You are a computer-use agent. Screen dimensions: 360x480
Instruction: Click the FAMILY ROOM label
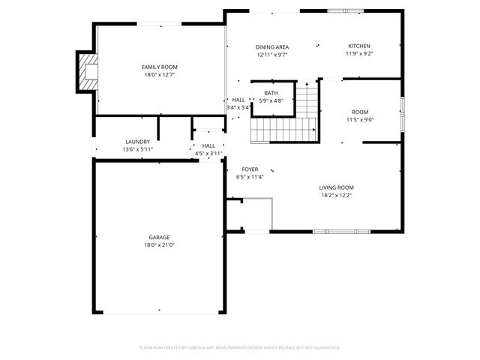(x=160, y=67)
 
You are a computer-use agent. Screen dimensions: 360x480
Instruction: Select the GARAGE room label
(x=159, y=237)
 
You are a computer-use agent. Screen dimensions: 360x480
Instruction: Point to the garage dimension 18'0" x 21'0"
(x=159, y=245)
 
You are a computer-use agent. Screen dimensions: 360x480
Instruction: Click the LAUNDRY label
(x=137, y=141)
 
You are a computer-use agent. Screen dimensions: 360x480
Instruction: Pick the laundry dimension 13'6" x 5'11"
(x=137, y=149)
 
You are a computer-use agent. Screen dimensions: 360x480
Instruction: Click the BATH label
(x=271, y=93)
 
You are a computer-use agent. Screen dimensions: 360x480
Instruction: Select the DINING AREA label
(x=272, y=46)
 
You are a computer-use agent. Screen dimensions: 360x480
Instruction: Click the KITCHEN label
(x=359, y=46)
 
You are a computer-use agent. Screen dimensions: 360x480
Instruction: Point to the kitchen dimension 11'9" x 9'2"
(x=359, y=54)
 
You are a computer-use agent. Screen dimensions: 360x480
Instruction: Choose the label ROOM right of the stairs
(x=359, y=111)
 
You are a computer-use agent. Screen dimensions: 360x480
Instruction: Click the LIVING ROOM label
(x=336, y=187)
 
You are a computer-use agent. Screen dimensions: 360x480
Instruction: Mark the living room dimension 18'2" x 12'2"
(x=336, y=196)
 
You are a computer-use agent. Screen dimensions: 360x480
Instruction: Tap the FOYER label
(x=250, y=169)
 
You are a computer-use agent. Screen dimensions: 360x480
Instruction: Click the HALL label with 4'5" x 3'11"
(x=208, y=145)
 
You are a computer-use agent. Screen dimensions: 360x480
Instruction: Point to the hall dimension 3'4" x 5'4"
(x=238, y=107)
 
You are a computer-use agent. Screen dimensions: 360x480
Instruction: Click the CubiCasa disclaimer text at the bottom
(x=240, y=347)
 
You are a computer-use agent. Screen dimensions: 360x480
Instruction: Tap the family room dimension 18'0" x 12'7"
(x=160, y=75)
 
